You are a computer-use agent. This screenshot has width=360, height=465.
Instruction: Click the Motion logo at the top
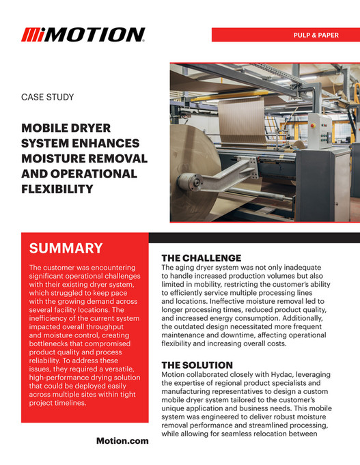83,35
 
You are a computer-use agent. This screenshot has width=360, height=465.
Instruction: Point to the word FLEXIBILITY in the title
58,189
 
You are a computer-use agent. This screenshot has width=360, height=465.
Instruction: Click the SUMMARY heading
66,249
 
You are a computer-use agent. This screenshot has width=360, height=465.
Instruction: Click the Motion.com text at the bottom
122,441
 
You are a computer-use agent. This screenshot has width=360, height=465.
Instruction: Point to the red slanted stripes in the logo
32,35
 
